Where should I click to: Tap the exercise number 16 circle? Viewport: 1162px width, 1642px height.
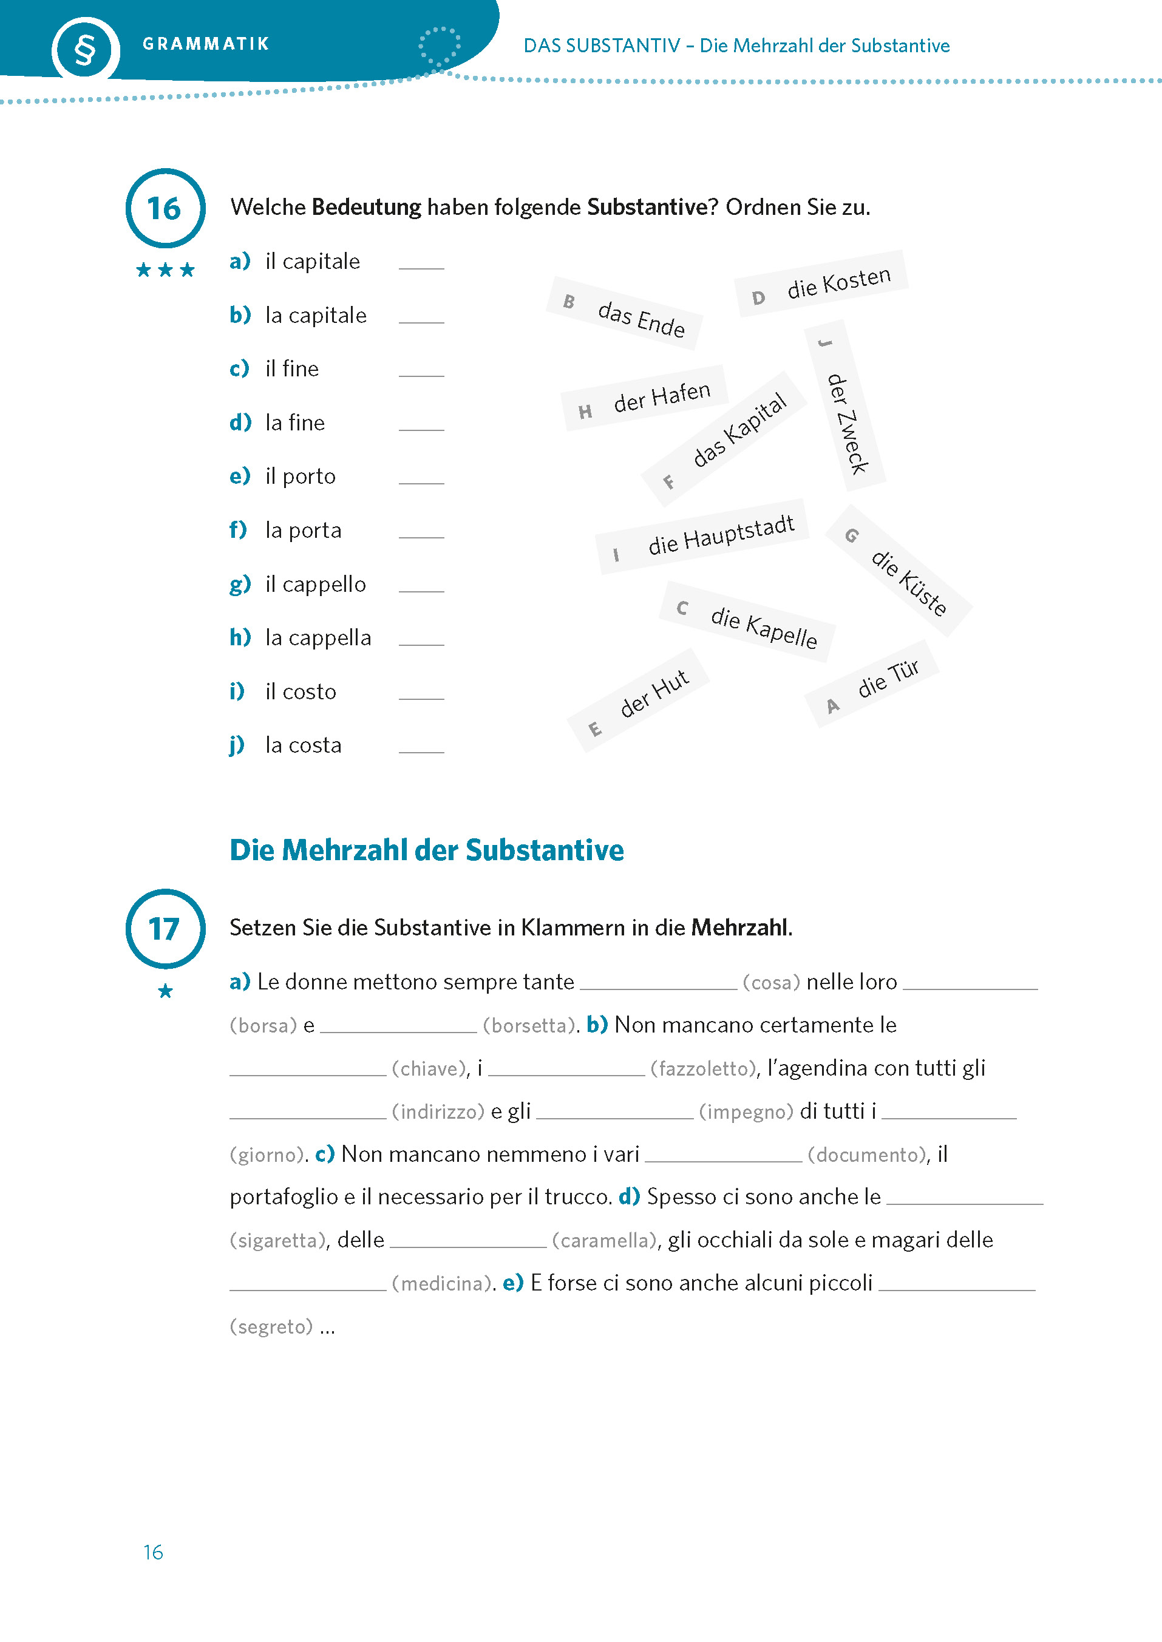[165, 208]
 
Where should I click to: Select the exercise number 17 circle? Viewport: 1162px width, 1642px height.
[165, 929]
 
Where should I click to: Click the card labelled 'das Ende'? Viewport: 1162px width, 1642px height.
[624, 314]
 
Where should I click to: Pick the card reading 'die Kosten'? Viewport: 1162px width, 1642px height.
[821, 283]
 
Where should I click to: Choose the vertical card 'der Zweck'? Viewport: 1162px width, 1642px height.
[845, 406]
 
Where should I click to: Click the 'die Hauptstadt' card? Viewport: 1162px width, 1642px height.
[702, 537]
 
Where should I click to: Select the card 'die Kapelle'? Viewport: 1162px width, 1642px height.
[747, 622]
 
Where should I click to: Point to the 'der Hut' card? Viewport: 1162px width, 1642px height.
[638, 701]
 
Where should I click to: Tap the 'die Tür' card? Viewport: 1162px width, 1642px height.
[872, 684]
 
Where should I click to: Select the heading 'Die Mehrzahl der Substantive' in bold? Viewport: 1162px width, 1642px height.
[426, 850]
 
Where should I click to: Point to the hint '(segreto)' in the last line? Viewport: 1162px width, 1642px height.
[271, 1326]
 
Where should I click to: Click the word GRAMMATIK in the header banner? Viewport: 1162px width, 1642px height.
[206, 44]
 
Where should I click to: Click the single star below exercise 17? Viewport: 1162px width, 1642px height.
[165, 991]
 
